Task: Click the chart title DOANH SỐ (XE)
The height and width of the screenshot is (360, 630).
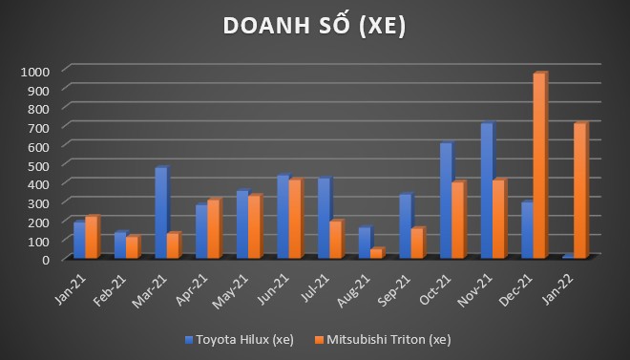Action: tap(314, 27)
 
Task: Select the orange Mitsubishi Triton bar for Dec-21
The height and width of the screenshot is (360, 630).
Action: tap(539, 166)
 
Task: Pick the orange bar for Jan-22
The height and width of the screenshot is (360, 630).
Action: tap(579, 191)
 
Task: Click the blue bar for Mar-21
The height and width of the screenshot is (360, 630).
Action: tap(160, 213)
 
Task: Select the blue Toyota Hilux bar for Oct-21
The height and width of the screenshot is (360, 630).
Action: tap(446, 201)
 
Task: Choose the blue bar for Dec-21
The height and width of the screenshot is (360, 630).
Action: tap(527, 230)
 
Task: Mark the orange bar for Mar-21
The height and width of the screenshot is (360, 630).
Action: tap(173, 245)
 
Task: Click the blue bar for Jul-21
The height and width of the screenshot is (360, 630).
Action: tap(324, 218)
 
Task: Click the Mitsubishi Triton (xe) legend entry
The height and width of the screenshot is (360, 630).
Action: tap(388, 339)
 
